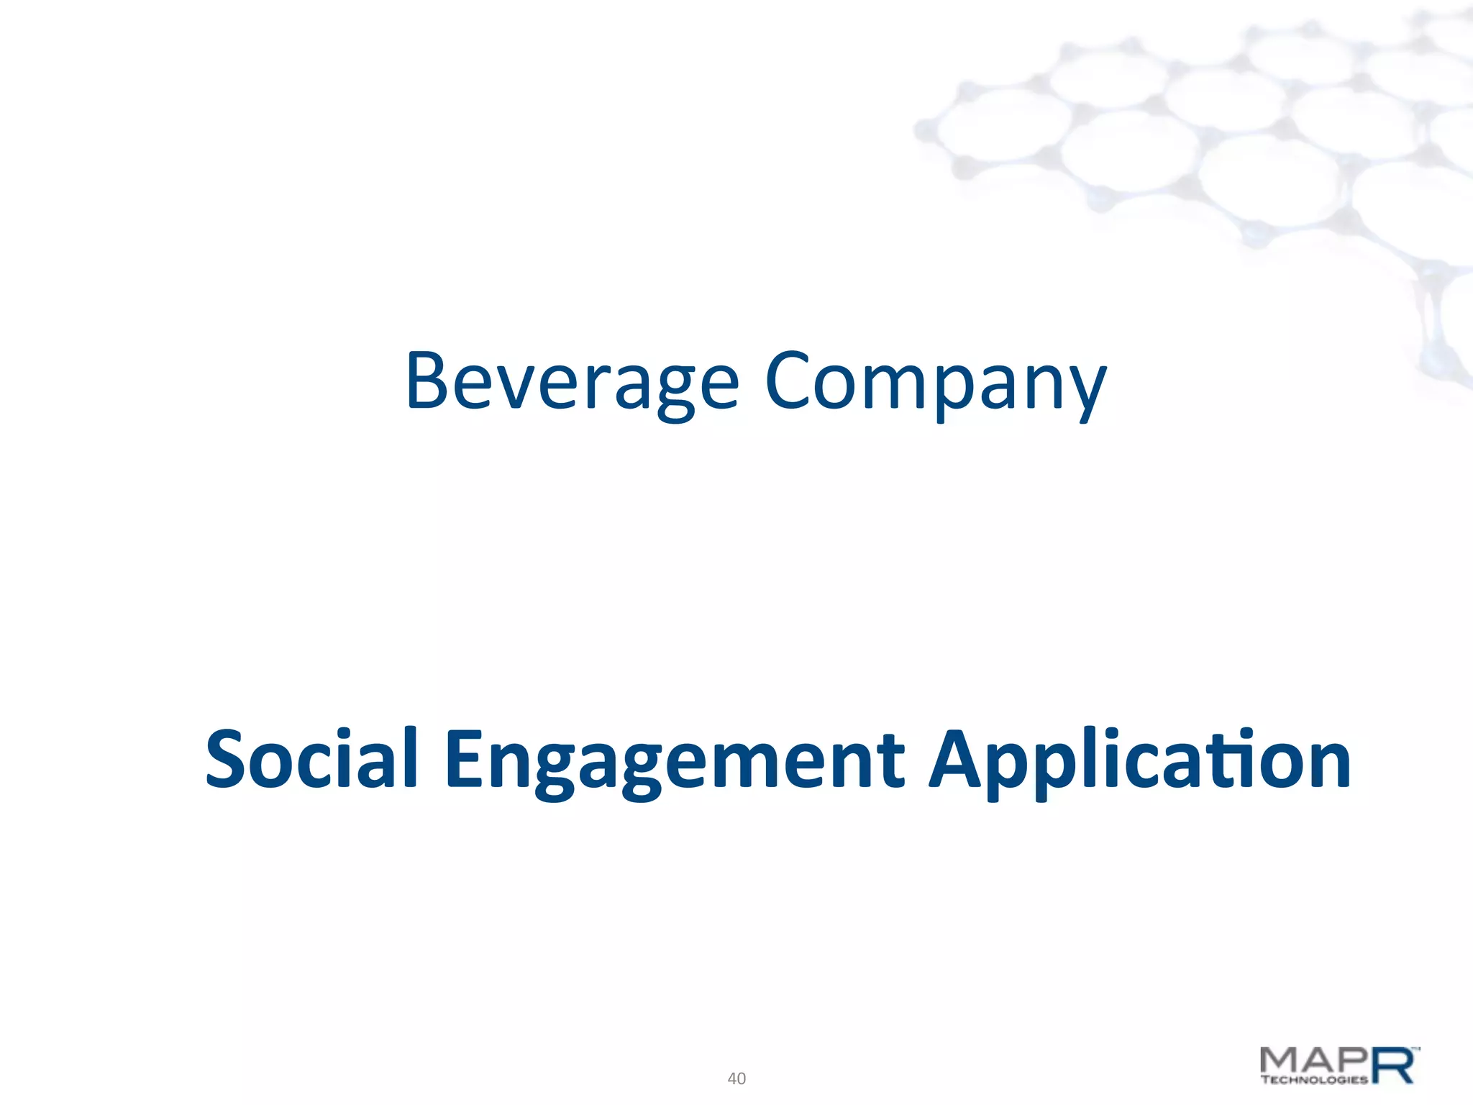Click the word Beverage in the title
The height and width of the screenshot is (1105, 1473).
click(x=572, y=381)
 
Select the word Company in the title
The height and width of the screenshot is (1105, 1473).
click(x=935, y=381)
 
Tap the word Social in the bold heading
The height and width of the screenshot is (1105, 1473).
click(x=311, y=759)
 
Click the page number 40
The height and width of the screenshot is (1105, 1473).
click(x=736, y=1078)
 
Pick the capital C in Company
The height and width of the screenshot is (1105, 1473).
click(x=789, y=381)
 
